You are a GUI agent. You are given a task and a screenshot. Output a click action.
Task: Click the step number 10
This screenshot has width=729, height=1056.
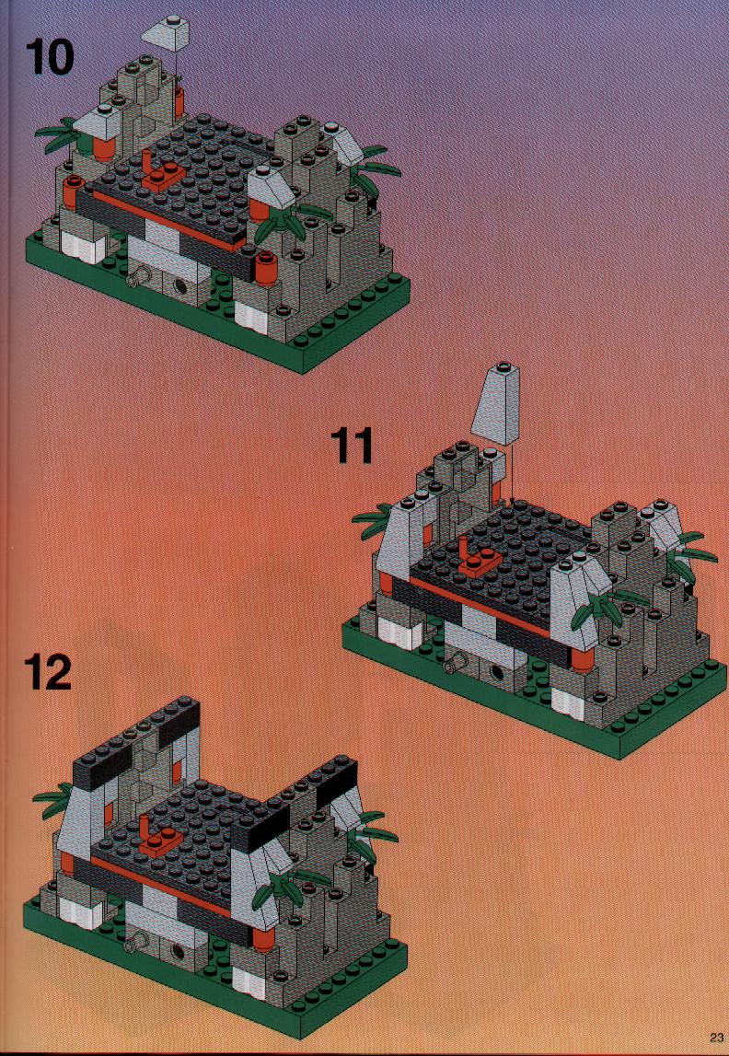[51, 58]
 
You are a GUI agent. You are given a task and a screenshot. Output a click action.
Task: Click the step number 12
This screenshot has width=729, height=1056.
[49, 674]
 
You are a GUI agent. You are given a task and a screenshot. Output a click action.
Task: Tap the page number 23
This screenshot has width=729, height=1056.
[715, 1037]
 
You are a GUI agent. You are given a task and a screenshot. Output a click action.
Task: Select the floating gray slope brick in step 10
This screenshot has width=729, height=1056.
[167, 34]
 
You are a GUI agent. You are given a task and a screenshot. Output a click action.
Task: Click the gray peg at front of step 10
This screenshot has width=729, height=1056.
[139, 276]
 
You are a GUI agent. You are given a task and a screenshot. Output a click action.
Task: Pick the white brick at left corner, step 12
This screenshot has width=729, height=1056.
[79, 911]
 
